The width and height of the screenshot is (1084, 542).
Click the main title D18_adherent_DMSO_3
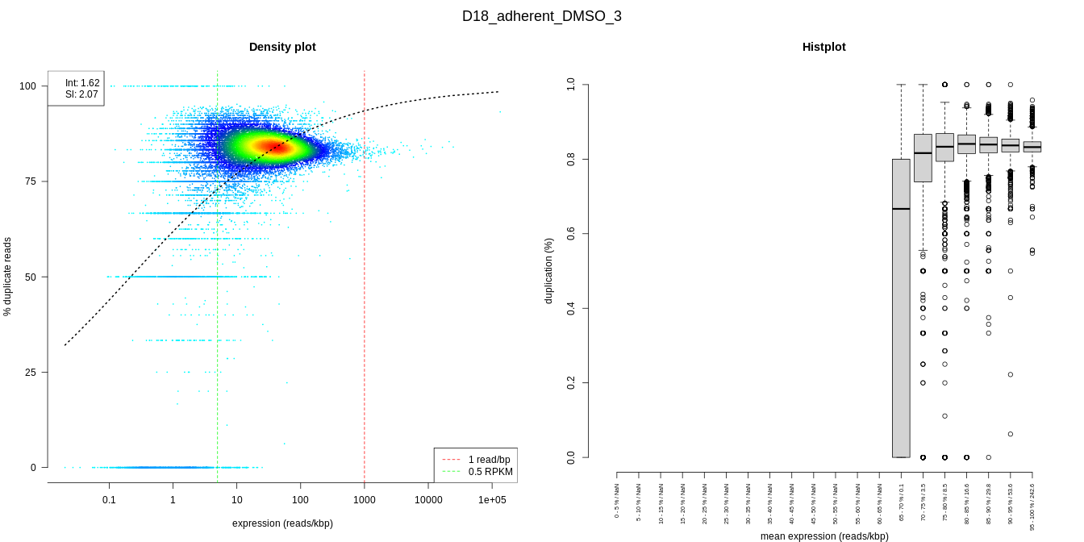(x=541, y=16)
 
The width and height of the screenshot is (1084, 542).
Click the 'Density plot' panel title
(x=282, y=47)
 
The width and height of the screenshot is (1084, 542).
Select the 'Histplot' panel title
(x=823, y=47)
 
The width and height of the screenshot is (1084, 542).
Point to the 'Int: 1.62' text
(x=82, y=83)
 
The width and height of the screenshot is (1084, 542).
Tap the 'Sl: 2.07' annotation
(x=82, y=94)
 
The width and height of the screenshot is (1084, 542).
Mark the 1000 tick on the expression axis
(x=365, y=500)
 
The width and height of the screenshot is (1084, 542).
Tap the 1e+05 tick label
(x=492, y=500)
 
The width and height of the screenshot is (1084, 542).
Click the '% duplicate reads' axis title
(x=8, y=277)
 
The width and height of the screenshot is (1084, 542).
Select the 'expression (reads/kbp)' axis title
(x=282, y=523)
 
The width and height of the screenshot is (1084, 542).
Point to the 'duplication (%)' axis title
(x=549, y=271)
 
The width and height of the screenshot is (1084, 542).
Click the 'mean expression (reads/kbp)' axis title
(x=823, y=536)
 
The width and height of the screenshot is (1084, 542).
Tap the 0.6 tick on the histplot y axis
(x=571, y=234)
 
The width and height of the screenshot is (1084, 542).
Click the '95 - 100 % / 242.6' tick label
(x=1032, y=507)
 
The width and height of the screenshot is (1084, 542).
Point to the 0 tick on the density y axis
(x=33, y=467)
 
